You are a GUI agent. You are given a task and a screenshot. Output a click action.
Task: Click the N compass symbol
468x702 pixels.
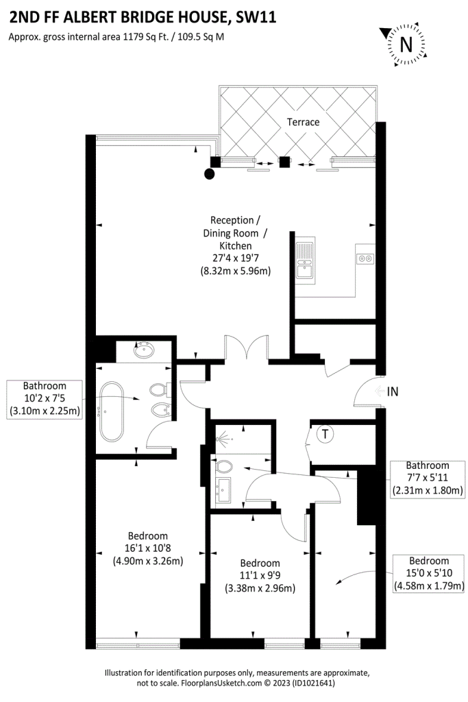(x=406, y=45)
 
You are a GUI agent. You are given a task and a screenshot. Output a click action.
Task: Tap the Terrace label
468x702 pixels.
(x=303, y=122)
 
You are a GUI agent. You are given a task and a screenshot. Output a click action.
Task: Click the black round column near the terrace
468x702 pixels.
(x=209, y=173)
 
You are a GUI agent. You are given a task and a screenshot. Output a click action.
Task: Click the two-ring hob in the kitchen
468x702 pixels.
(x=365, y=258)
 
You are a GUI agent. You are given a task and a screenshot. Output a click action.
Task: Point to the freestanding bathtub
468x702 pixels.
(x=112, y=411)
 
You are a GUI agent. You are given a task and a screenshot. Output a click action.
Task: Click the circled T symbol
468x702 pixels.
(x=325, y=434)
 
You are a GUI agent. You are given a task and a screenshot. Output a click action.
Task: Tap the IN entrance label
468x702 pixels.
(x=392, y=391)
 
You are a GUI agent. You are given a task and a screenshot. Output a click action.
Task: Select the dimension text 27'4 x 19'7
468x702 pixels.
(x=235, y=258)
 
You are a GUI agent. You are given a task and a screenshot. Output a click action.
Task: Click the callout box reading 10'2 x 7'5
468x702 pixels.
(x=45, y=398)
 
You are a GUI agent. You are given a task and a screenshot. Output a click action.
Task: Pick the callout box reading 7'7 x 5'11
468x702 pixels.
(x=428, y=478)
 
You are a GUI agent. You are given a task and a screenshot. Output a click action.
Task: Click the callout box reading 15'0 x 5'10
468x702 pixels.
(x=429, y=574)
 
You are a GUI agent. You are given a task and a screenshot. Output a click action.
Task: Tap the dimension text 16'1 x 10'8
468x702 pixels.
(x=147, y=548)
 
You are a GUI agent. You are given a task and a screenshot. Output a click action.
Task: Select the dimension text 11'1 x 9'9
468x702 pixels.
(x=260, y=576)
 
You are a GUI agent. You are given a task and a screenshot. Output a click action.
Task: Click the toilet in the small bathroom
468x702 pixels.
(x=223, y=467)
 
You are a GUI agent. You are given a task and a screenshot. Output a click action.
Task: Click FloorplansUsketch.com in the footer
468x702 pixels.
(x=221, y=683)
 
